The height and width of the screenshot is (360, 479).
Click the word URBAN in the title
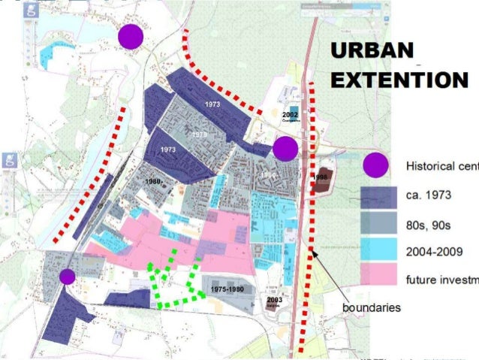(x=373, y=52)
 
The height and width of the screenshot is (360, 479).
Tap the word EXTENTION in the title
(x=399, y=80)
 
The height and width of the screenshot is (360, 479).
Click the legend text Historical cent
(x=442, y=166)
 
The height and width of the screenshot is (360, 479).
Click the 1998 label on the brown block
(x=322, y=177)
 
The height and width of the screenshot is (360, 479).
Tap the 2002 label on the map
(x=291, y=115)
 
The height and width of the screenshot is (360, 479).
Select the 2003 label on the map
(x=274, y=300)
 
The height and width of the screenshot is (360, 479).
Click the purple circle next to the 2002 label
(x=285, y=149)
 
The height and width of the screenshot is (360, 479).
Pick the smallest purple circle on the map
(x=67, y=277)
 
